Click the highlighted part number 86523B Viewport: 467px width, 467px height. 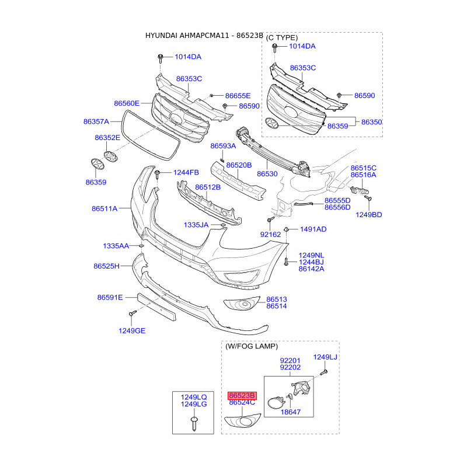tap(242, 395)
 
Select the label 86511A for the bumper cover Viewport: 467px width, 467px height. tap(104, 208)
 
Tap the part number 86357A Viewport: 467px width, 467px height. tap(96, 122)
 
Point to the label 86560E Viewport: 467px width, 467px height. tap(127, 103)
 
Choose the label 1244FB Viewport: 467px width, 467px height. tap(186, 172)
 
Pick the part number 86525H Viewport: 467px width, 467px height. tap(106, 266)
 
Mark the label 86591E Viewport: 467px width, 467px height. tap(110, 298)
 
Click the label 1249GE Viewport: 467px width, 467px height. tap(132, 331)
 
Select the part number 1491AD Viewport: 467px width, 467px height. tap(313, 229)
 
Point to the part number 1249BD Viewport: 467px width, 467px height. tap(368, 215)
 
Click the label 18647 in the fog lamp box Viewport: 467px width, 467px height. tap(290, 412)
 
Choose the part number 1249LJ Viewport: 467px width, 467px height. tap(325, 357)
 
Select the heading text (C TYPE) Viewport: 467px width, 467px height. tap(282, 37)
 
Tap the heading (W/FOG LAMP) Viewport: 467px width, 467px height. tap(252, 346)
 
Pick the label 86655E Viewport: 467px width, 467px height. tap(238, 96)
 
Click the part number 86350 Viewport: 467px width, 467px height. tap(371, 122)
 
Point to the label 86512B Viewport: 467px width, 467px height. tap(208, 187)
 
